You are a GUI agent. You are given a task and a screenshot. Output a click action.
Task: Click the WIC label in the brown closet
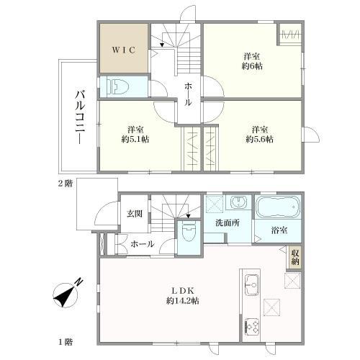point(124,50)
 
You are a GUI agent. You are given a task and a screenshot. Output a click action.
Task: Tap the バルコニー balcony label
point(80,117)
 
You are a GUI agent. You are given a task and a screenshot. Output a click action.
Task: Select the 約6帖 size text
point(252,66)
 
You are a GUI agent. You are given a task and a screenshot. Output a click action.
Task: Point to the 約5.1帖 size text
point(135,139)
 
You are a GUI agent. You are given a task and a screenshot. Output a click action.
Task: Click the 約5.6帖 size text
point(259,139)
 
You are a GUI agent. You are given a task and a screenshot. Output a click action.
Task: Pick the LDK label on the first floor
point(183,291)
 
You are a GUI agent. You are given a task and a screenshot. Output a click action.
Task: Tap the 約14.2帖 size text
point(183,301)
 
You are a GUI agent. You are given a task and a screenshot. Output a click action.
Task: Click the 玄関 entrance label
point(135,214)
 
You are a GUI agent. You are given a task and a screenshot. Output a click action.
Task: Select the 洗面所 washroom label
point(228,223)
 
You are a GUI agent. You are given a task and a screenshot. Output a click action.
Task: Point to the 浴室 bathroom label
point(279,230)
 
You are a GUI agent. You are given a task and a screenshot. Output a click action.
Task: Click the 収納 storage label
point(295,257)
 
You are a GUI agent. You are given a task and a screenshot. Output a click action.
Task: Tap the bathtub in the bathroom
point(278,207)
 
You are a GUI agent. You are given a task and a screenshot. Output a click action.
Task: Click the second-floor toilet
point(118,86)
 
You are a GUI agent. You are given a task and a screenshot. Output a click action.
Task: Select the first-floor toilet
point(189,232)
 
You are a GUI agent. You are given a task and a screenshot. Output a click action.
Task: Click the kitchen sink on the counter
point(251,285)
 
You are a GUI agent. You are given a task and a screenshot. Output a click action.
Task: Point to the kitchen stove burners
point(252,327)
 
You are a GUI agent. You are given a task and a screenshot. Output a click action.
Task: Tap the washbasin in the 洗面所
point(238,202)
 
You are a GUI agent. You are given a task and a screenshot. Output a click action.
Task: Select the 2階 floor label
point(65,184)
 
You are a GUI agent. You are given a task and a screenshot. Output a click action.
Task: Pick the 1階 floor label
point(66,342)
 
